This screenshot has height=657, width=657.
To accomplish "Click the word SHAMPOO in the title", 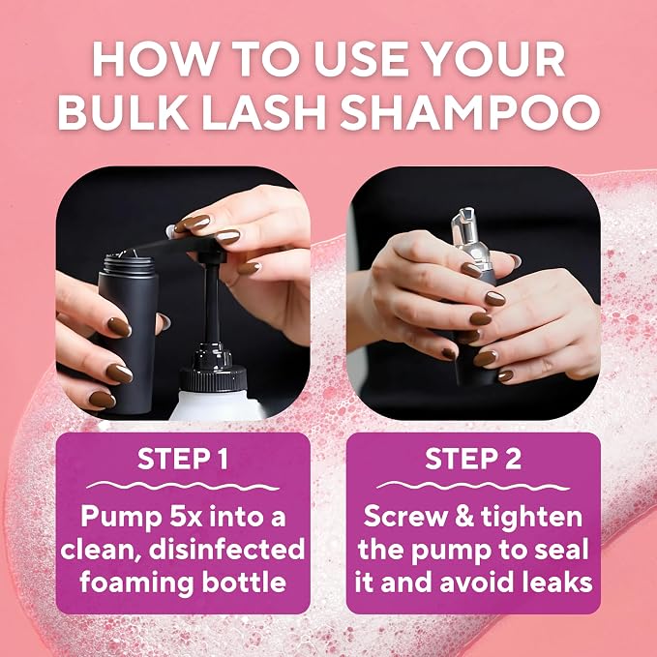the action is pos(469,112).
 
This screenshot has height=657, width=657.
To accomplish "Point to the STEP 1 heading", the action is pos(183,459).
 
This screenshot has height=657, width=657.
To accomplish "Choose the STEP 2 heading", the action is pos(473,459).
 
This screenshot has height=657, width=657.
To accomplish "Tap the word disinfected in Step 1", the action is pos(226,550).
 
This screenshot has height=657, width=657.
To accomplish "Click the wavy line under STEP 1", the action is pos(183,486).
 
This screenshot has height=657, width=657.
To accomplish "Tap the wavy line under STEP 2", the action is pos(473,486).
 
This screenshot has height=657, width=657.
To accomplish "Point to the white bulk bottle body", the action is pos(218,405).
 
